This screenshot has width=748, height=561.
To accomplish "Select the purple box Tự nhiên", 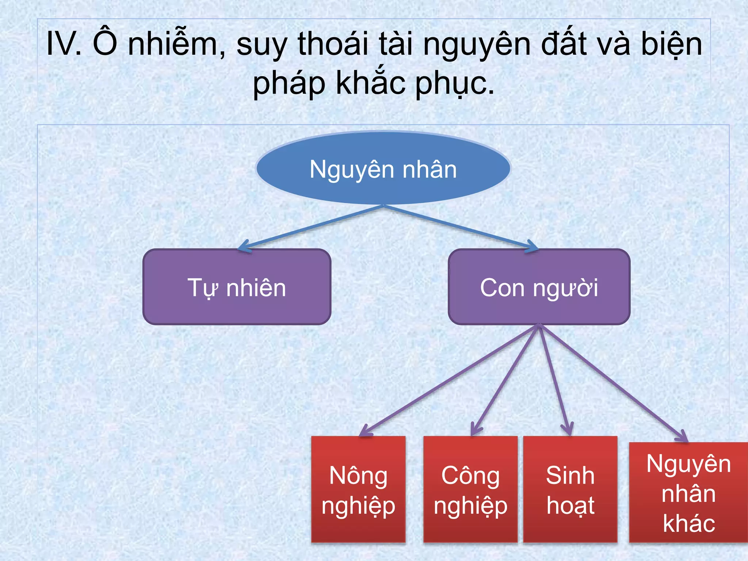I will [x=237, y=287].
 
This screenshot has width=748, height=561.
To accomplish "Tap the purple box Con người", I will [x=539, y=287].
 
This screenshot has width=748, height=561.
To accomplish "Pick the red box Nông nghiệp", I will [x=358, y=489].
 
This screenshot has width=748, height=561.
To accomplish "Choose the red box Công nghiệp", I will [x=470, y=489].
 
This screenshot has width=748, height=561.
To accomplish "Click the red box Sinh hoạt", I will [x=570, y=489].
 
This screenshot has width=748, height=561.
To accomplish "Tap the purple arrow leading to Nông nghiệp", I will [x=449, y=380].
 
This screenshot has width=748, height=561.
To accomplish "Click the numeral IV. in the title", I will [x=64, y=44].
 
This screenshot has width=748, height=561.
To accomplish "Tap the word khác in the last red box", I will [x=689, y=523].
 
